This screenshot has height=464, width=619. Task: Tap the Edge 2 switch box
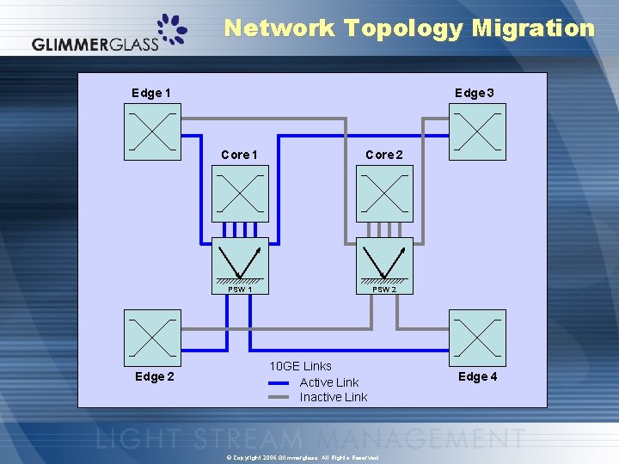click(x=153, y=338)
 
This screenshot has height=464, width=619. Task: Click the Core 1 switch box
click(x=240, y=193)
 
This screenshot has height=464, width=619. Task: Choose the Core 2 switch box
click(x=384, y=193)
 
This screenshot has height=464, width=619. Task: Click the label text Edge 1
click(x=150, y=93)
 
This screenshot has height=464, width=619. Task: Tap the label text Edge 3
click(x=474, y=93)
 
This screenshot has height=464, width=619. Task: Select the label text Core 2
click(x=383, y=155)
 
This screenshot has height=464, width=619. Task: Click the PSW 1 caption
click(x=240, y=290)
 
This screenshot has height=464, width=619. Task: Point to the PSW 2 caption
click(x=384, y=290)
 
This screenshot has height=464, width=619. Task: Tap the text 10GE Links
click(x=300, y=367)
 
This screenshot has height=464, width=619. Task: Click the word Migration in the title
click(x=533, y=28)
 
